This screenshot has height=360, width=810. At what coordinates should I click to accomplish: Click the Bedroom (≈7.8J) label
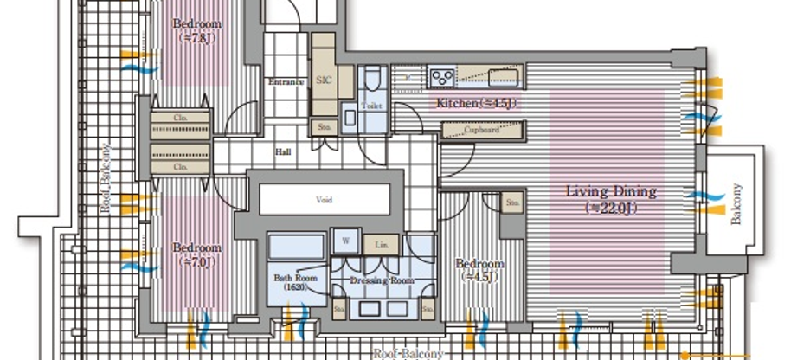(196, 30)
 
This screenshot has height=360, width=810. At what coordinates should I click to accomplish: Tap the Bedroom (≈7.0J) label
(196, 253)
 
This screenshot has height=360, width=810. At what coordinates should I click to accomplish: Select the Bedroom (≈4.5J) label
(479, 269)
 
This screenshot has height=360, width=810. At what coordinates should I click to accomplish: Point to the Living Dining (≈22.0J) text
(611, 199)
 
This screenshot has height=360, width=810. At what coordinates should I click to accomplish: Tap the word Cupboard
(481, 131)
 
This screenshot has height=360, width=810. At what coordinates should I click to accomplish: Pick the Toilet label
(371, 106)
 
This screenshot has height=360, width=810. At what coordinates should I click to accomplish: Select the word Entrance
(286, 82)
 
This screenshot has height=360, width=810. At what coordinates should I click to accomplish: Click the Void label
(324, 200)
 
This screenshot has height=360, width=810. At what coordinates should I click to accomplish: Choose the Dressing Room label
(382, 281)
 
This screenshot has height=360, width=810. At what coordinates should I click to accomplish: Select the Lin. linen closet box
(381, 245)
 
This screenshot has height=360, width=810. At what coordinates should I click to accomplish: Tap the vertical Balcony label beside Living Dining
(737, 204)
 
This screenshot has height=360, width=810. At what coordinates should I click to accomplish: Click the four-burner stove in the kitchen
(441, 78)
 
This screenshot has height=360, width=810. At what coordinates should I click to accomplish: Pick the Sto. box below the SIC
(323, 126)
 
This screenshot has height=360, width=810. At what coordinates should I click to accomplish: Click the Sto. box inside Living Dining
(512, 202)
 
